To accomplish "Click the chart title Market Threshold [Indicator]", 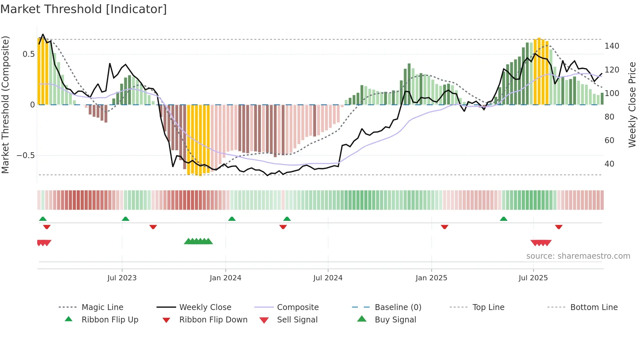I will pyautogui.click(x=84, y=9).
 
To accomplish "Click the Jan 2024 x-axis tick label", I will pyautogui.click(x=225, y=278).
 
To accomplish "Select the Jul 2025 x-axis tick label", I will pyautogui.click(x=533, y=278).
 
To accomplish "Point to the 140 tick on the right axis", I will pyautogui.click(x=611, y=46).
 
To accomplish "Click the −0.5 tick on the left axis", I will pyautogui.click(x=26, y=155).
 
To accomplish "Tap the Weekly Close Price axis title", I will pyautogui.click(x=632, y=105).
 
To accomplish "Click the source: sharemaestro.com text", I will pyautogui.click(x=578, y=256).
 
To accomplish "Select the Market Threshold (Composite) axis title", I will pyautogui.click(x=5, y=105).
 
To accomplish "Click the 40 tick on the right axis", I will pyautogui.click(x=609, y=164).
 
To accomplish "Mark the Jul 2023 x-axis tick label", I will pyautogui.click(x=122, y=278).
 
